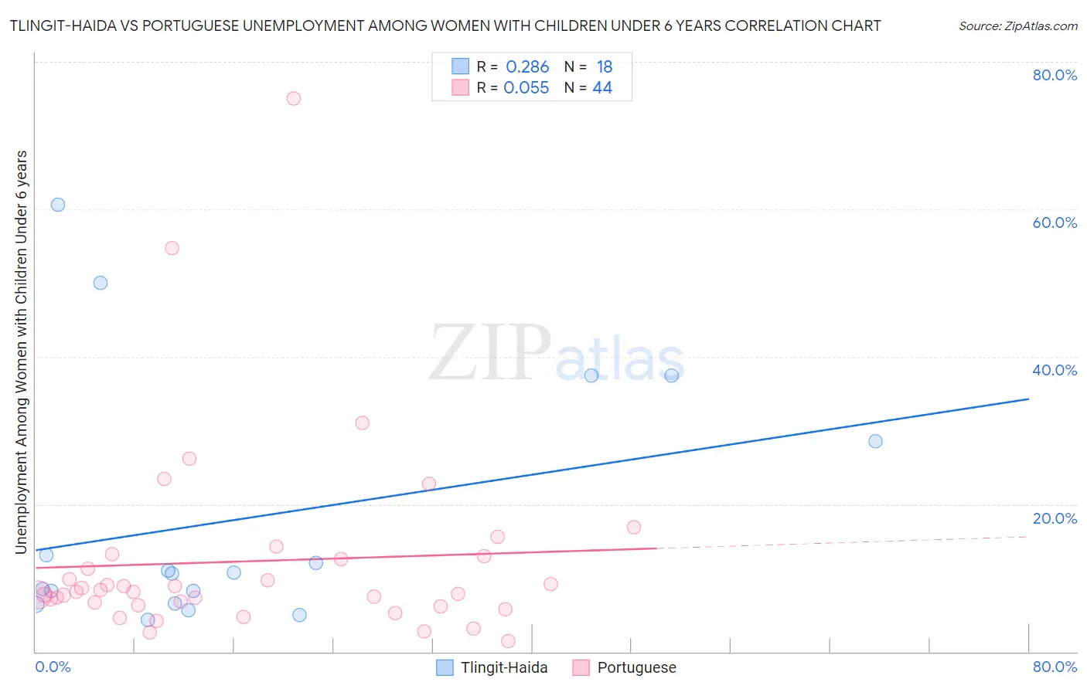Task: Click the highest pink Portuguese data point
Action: pos(294,98)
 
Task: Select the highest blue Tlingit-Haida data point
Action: pos(58,205)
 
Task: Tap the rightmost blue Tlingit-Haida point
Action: pos(875,441)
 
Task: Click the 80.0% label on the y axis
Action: pos(1055,75)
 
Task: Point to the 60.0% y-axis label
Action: pos(1055,222)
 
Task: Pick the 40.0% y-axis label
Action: pos(1055,370)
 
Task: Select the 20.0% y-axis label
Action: pos(1055,518)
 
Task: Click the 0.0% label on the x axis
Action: pos(53,667)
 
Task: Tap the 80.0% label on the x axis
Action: pos(1055,667)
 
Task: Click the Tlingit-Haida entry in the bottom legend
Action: pos(503,667)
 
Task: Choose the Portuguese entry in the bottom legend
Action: pos(636,667)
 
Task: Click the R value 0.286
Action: pos(527,67)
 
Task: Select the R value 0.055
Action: pos(526,88)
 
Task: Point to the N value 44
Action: pos(602,88)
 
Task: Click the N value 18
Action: pos(604,67)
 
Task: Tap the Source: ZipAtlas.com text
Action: pos(1017,26)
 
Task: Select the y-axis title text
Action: pos(21,351)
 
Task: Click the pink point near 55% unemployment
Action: pos(172,248)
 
